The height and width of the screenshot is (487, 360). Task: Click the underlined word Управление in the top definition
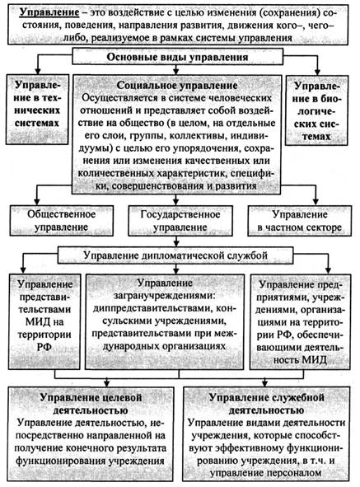point(49,12)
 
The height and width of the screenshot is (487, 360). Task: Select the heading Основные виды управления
point(177,57)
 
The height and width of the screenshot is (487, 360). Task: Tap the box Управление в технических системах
point(37,110)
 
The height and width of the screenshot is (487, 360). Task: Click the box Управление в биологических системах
point(316,110)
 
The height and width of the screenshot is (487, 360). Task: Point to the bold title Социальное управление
point(177,85)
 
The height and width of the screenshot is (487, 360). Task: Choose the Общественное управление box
point(62,221)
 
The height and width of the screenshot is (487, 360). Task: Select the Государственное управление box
point(180,221)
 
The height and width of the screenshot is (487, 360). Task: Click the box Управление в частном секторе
point(300,221)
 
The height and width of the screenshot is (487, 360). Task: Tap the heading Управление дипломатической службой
point(175,255)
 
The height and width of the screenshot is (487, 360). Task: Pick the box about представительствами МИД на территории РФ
point(44,321)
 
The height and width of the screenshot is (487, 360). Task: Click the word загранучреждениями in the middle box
point(165,295)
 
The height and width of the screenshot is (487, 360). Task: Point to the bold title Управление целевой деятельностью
point(91,404)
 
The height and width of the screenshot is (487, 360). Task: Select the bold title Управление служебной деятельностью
point(267,404)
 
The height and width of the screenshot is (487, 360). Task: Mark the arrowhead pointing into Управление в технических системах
point(37,71)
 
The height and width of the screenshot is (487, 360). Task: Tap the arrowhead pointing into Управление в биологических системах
point(317,72)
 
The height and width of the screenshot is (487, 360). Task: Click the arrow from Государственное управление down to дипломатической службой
point(176,241)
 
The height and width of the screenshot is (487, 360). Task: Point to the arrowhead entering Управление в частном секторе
point(316,202)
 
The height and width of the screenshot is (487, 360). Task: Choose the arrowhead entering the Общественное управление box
point(37,202)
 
